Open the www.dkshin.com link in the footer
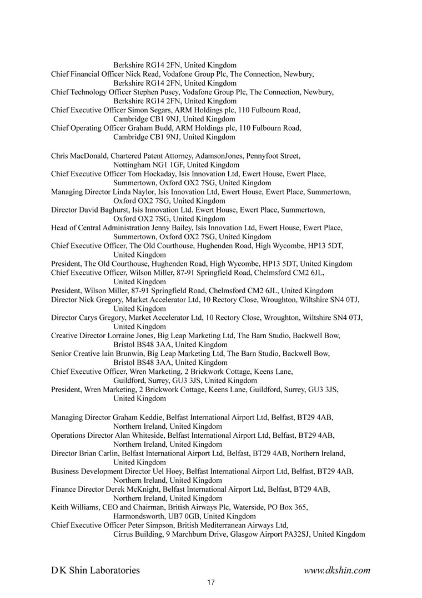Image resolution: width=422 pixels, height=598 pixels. pyautogui.click(x=337, y=570)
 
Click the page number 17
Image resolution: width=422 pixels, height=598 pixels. pyautogui.click(x=210, y=582)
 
